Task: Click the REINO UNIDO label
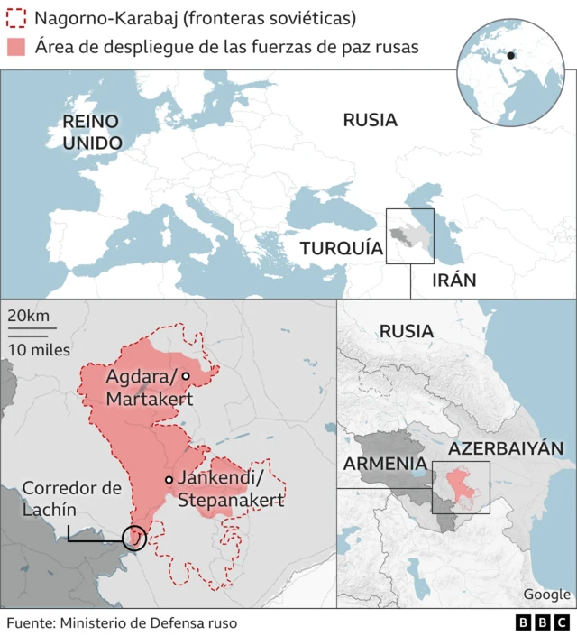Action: coord(92,133)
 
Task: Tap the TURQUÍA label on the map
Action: coord(342,248)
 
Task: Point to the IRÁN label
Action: coord(453,280)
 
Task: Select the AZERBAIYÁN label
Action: coord(506,448)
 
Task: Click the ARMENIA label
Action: coord(383,464)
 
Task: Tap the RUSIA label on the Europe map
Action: coord(370,120)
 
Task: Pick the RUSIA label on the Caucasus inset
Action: coord(406,331)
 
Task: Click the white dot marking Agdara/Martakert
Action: coord(185,376)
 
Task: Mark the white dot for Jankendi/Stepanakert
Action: coord(169,480)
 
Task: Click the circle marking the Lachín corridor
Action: coord(133,539)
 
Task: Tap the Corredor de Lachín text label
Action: coord(71,499)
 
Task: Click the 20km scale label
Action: coord(28,317)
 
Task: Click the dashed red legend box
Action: coord(16,18)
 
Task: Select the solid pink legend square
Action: coord(16,47)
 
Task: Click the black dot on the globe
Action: coord(511,55)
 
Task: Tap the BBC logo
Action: coord(542,622)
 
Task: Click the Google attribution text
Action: coord(546,594)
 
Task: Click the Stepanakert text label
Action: coord(231,500)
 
